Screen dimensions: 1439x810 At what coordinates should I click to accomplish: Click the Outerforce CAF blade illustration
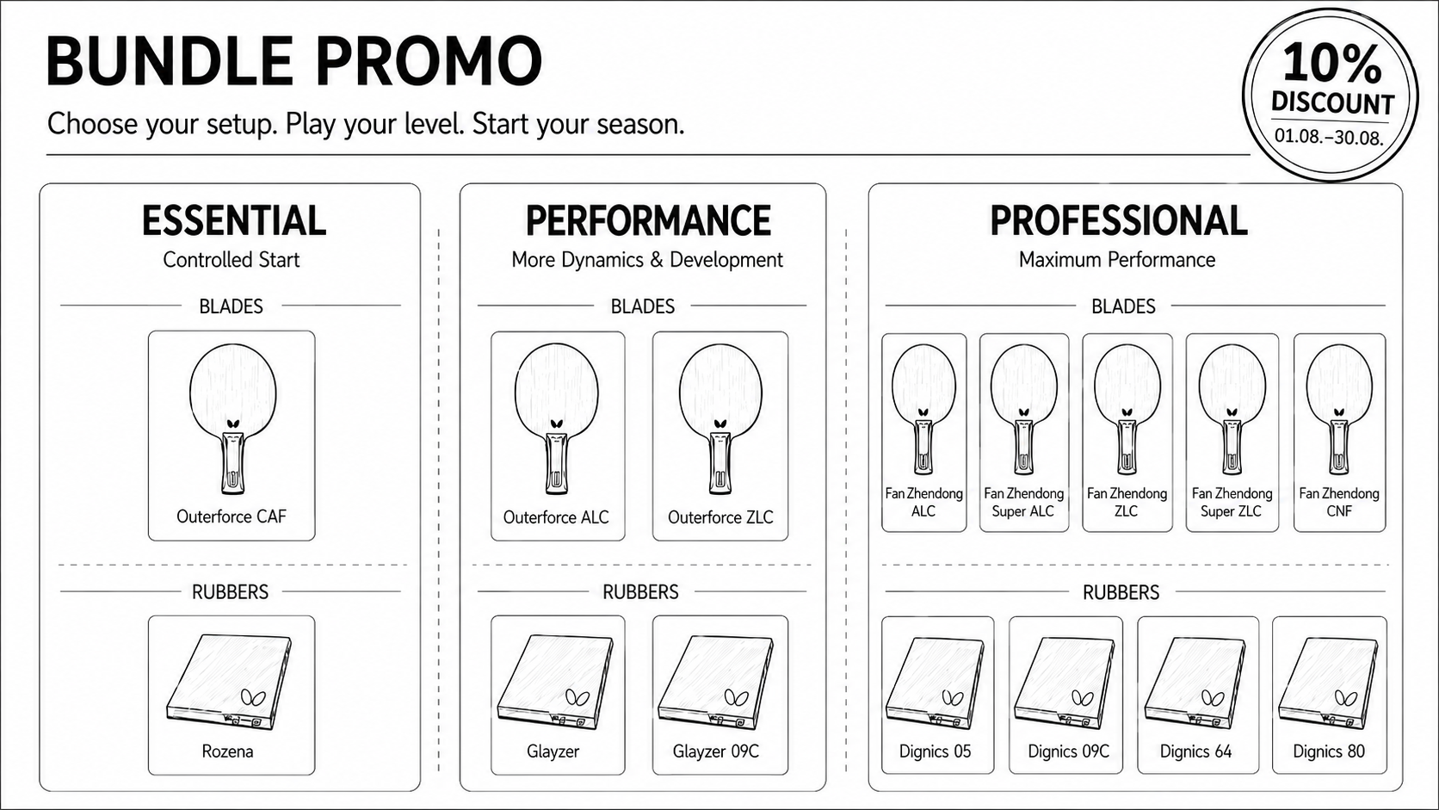coord(232,418)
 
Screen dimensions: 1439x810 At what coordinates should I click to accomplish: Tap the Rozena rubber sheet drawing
coord(229,682)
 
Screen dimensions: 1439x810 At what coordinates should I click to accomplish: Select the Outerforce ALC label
coord(556,517)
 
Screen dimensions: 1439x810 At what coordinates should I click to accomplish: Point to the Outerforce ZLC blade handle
coord(720,462)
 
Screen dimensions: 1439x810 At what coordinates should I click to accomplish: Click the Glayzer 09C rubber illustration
coord(715,682)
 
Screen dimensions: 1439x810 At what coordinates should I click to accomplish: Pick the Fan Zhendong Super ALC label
coord(1023,503)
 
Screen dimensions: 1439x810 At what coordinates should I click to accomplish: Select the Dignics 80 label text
coord(1329,751)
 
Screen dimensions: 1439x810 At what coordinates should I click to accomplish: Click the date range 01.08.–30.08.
coord(1329,136)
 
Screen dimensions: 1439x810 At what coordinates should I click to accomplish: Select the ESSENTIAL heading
coord(234,221)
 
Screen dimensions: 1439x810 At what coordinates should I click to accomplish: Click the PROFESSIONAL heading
coord(1119,221)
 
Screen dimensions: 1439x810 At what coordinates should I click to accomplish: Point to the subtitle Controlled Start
coord(232,259)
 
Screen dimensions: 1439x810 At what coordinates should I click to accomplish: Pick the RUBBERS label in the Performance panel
coord(640,591)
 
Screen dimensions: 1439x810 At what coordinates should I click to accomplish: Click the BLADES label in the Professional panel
coord(1123,306)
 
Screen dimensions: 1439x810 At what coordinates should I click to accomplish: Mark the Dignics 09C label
coord(1068,751)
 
